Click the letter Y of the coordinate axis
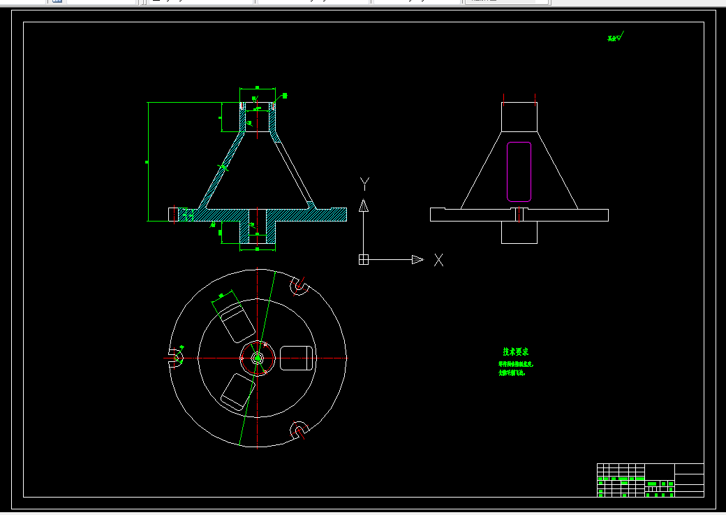(x=364, y=184)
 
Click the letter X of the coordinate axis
(x=438, y=260)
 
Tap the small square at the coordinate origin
(x=363, y=259)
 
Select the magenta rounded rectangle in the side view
(x=519, y=172)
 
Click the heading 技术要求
(x=515, y=351)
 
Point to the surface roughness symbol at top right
(x=615, y=38)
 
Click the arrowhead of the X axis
(x=417, y=259)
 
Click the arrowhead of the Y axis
(x=363, y=205)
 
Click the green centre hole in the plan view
(x=258, y=358)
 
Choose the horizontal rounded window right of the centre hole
(x=296, y=358)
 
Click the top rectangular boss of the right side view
(x=519, y=116)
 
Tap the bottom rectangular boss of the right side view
(x=519, y=232)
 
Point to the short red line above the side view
(x=535, y=98)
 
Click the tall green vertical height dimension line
(x=148, y=161)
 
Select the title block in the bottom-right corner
(x=650, y=479)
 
